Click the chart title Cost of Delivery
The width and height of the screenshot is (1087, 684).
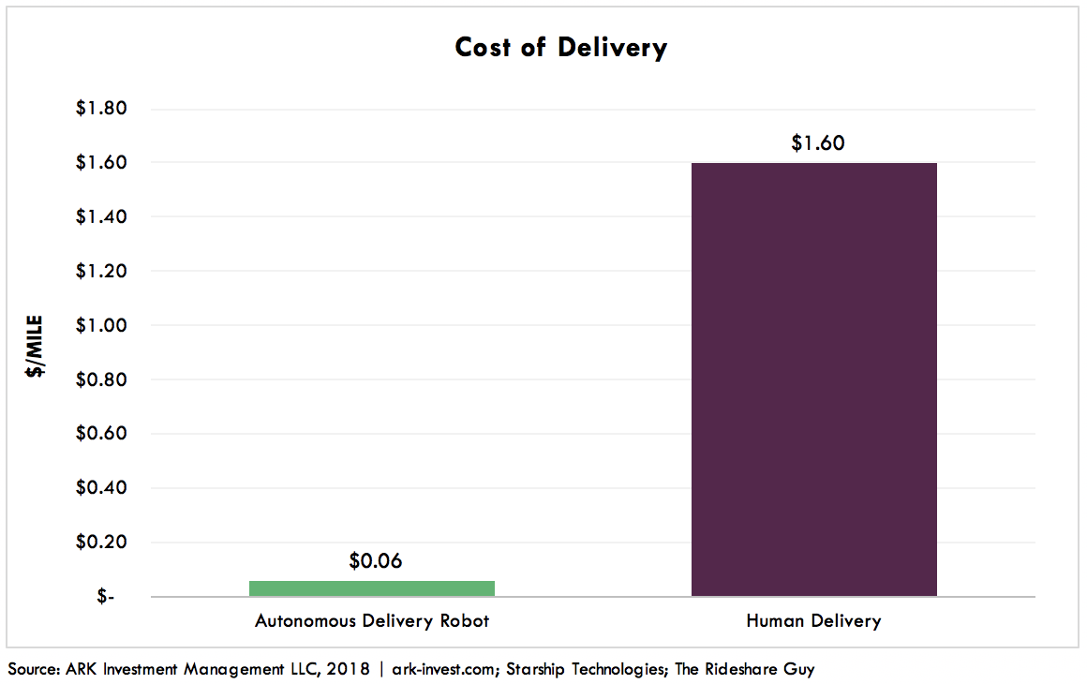[560, 48]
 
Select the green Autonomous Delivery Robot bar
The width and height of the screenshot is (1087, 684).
[372, 588]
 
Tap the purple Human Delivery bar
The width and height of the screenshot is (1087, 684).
[813, 379]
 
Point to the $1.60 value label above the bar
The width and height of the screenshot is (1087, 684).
[818, 143]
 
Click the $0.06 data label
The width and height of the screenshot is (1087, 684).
[375, 561]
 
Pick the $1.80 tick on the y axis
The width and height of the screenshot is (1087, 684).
[101, 109]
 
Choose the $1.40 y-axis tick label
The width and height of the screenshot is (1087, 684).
[101, 217]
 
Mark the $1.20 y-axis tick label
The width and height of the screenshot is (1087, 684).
[101, 272]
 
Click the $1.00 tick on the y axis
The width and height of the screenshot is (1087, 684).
[101, 326]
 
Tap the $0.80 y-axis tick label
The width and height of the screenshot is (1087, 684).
[101, 380]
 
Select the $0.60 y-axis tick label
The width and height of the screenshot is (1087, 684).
[101, 434]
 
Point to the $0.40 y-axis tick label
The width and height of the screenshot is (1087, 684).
[101, 488]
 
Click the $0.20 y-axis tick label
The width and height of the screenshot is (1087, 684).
[101, 543]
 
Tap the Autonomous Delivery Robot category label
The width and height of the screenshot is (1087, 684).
[372, 621]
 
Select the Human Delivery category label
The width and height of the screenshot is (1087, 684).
[813, 621]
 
